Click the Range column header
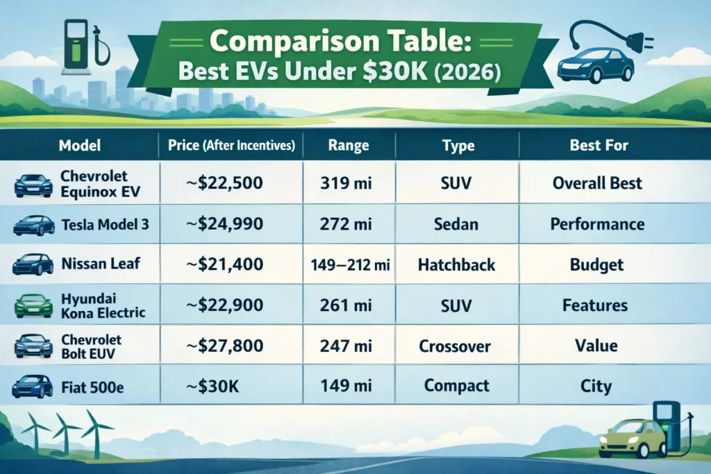349,145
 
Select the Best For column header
599,145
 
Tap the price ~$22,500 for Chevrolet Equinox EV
224,183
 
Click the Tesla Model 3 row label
106,224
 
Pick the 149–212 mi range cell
350,264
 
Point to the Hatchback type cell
456,264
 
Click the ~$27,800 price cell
224,346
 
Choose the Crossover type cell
455,346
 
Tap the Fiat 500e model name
92,387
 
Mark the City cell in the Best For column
596,386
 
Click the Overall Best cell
597,183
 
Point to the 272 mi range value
346,224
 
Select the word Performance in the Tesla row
597,224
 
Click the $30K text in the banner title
395,71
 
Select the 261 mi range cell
346,305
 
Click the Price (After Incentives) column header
231,145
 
